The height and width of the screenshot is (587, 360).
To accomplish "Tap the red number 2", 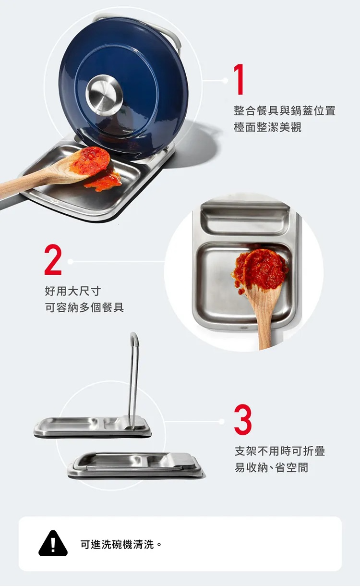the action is point(53,259).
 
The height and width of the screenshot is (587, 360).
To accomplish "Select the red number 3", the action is point(243,419).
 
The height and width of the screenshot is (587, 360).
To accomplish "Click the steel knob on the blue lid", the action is point(104,95).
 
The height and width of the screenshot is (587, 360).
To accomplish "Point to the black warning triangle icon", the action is point(53,543).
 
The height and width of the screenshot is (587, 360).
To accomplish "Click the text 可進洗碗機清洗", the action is point(117,544).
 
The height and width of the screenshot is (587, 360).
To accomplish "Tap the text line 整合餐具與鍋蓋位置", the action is point(285,110).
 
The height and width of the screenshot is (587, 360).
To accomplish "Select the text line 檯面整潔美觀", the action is point(267,127).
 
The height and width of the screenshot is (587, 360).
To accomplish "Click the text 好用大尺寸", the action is point(73,291).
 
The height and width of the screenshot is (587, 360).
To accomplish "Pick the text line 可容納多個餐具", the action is point(84,307).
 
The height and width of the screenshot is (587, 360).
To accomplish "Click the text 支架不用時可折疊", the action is point(280,451).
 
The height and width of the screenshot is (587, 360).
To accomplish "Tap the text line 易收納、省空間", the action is point(271,467).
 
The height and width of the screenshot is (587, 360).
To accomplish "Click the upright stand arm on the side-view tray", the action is point(134,380).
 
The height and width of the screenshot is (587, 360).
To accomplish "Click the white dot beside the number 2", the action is point(70,261).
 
